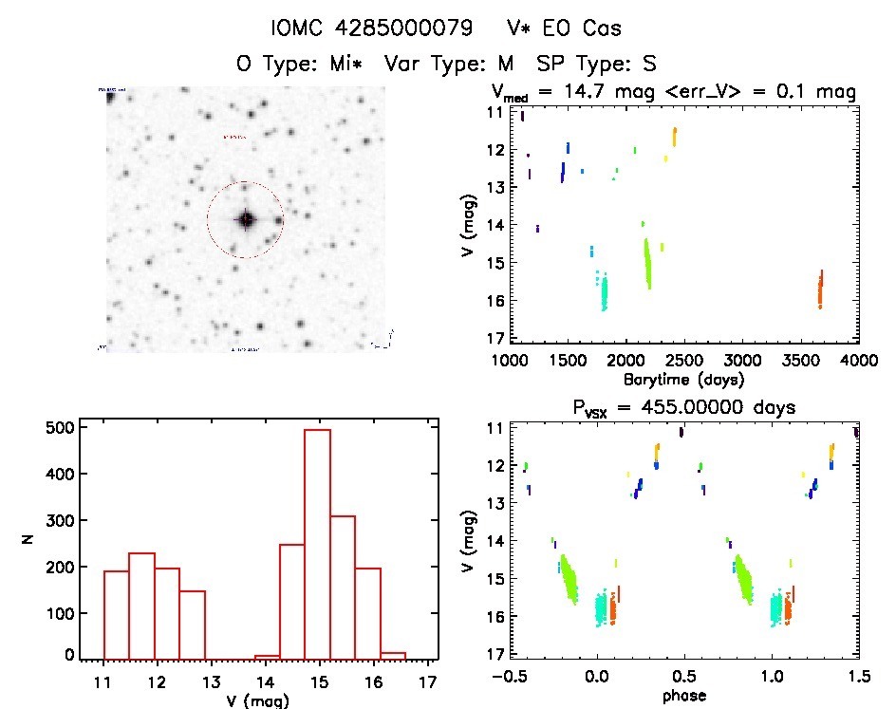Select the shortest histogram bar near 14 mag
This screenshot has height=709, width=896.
pyautogui.click(x=267, y=656)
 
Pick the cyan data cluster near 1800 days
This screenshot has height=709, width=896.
pyautogui.click(x=603, y=291)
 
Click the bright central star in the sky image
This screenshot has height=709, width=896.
pyautogui.click(x=246, y=219)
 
